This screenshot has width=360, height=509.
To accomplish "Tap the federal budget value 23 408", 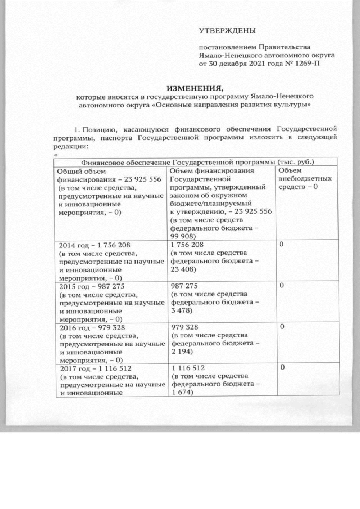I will (x=181, y=269).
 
